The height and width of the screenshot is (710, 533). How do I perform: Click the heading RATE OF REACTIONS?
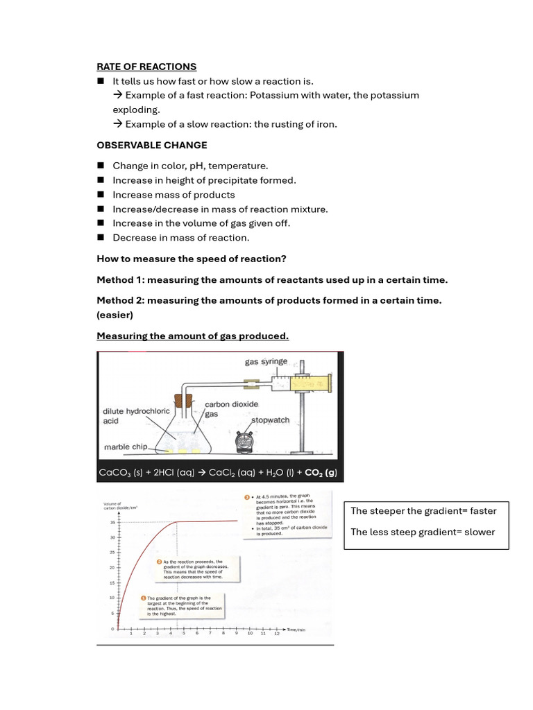(x=146, y=67)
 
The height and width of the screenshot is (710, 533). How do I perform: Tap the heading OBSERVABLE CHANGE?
(x=151, y=145)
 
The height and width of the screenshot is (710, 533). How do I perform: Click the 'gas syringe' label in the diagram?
(x=266, y=362)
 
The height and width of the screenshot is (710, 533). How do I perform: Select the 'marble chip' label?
(x=125, y=447)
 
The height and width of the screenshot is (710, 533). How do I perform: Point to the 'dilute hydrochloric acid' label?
(x=136, y=415)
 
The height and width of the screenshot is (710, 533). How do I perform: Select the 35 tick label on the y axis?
(x=112, y=522)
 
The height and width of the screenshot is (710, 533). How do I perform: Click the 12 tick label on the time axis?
(x=276, y=633)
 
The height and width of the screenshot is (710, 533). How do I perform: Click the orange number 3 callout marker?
(x=246, y=497)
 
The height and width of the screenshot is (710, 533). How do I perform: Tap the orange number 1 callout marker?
(x=143, y=597)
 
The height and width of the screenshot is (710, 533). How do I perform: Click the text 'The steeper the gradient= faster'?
(x=423, y=511)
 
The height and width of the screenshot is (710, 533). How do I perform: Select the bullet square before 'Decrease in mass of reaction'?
(x=100, y=237)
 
